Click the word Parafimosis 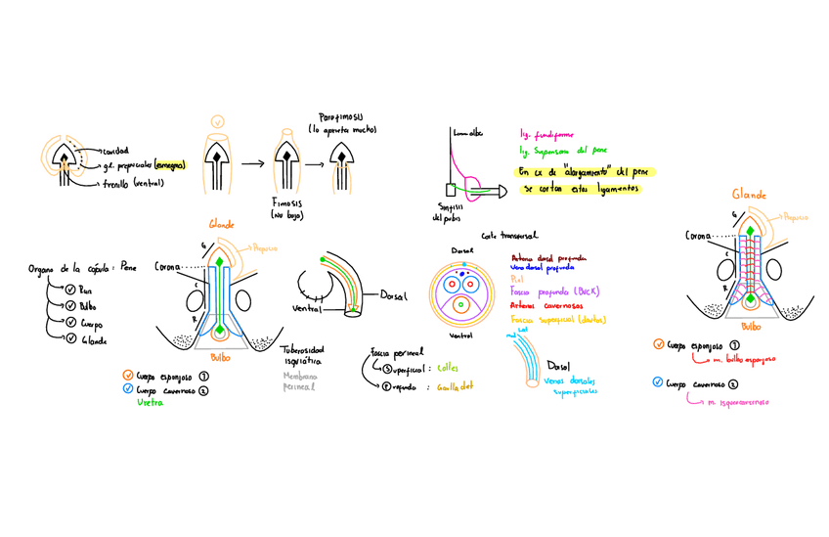(x=342, y=116)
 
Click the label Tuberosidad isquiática (x=302, y=353)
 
